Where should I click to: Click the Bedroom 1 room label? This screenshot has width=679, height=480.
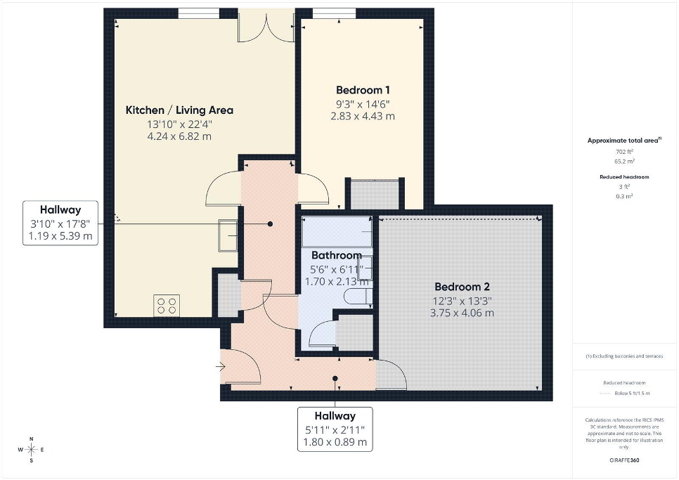pos(363,90)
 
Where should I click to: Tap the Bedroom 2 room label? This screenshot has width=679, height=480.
pos(462,287)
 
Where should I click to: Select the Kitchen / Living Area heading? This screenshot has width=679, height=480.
pos(179,110)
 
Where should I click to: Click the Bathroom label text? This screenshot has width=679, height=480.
pos(337,255)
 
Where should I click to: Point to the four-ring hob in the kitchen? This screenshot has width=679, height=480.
pos(167,306)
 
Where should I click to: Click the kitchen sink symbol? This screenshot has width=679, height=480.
pos(228,235)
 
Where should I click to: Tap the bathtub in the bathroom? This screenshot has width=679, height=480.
pos(337,231)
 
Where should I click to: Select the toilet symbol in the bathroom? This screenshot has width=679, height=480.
pos(358,297)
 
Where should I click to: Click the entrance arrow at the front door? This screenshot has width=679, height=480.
pos(221,367)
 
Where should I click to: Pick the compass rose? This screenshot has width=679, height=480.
pos(31,450)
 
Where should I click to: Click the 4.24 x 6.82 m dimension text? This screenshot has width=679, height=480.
pos(179,136)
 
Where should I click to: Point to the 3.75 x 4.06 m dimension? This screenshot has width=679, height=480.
pos(462,313)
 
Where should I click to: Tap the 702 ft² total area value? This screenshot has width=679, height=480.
pos(624,152)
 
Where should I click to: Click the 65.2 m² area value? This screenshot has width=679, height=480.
pos(624,162)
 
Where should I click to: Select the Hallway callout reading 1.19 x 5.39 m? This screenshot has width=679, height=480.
pos(60,223)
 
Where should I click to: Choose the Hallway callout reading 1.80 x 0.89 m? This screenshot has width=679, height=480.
pos(335,429)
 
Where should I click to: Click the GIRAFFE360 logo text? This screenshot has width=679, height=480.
pos(624,460)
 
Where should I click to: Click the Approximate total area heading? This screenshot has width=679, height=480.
pos(624,141)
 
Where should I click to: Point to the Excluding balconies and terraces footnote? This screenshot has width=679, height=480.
pos(624,356)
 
